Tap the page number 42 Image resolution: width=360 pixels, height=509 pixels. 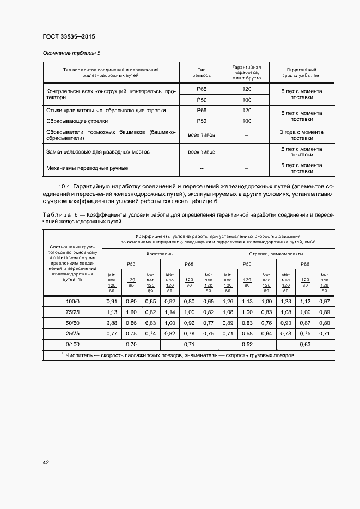[46, 462]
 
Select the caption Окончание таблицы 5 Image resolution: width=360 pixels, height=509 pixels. [71, 53]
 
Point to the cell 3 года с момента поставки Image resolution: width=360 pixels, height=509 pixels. [301, 135]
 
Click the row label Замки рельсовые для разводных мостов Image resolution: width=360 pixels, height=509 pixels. [98, 151]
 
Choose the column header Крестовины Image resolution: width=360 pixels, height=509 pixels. [160, 254]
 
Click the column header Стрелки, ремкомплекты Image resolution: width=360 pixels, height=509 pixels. [277, 254]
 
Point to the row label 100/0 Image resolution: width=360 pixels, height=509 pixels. [72, 301]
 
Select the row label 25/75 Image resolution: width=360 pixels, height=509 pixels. [72, 333]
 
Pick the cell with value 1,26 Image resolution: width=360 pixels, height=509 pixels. [227, 301]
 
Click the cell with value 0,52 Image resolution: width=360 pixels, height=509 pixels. [247, 344]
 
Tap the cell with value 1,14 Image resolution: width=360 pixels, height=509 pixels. [169, 312]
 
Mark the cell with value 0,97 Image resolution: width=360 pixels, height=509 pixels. [325, 301]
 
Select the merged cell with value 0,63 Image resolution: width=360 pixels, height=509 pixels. [306, 344]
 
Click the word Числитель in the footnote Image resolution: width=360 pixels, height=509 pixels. [80, 355]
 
